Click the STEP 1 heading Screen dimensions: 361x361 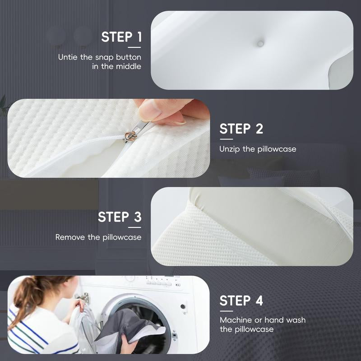(x=121, y=37)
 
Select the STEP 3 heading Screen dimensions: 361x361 (x=120, y=217)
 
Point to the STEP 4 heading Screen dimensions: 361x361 (x=241, y=301)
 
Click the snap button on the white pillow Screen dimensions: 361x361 (x=260, y=43)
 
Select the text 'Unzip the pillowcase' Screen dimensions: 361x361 (x=258, y=148)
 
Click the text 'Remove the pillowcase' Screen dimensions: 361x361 (x=98, y=237)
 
